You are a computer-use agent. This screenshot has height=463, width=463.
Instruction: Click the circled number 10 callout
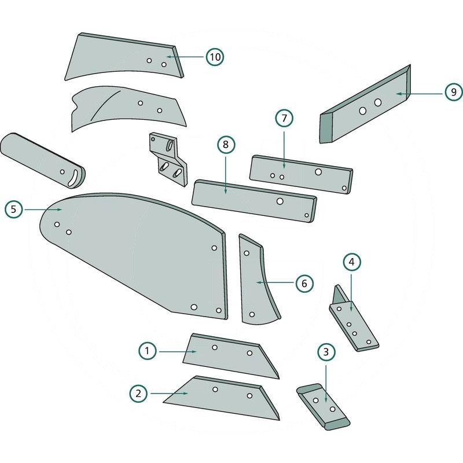pyautogui.click(x=214, y=57)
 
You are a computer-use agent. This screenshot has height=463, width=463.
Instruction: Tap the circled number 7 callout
pyautogui.click(x=284, y=118)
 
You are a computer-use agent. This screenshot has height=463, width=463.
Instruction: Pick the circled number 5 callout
pyautogui.click(x=13, y=209)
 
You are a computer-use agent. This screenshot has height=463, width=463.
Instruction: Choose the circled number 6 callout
pyautogui.click(x=304, y=283)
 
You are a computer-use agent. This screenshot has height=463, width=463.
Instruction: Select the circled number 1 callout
pyautogui.click(x=148, y=350)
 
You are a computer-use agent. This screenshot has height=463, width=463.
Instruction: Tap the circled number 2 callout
pyautogui.click(x=138, y=394)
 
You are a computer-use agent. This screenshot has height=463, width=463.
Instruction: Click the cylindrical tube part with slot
pyautogui.click(x=42, y=159)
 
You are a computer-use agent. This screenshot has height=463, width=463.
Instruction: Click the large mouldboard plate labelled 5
pyautogui.click(x=133, y=249)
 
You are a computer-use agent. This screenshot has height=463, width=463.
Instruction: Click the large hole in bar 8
pyautogui.click(x=280, y=201)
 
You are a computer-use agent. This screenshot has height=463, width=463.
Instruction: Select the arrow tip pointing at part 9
pyautogui.click(x=397, y=93)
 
